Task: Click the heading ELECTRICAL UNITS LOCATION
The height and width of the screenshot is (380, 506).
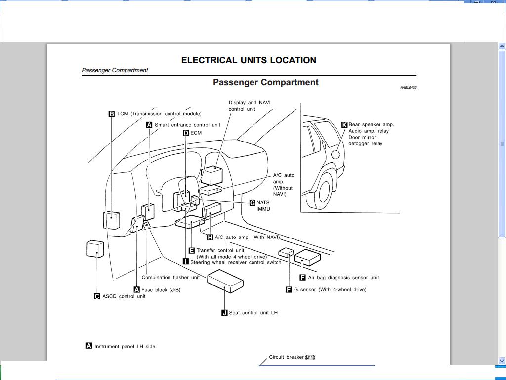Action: [x=249, y=60]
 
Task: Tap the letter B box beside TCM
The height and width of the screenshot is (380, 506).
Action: [x=112, y=114]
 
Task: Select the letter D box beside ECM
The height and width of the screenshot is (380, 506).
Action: [x=186, y=133]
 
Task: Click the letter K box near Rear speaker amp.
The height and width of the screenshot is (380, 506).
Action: [x=344, y=125]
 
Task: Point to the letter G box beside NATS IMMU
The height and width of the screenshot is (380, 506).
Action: [x=253, y=203]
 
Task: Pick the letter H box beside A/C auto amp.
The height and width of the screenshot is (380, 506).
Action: [x=210, y=237]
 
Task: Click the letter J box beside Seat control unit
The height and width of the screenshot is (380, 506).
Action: [x=224, y=313]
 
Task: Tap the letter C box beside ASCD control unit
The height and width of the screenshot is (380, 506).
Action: [x=97, y=296]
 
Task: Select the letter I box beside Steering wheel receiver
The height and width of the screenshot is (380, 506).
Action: [x=186, y=262]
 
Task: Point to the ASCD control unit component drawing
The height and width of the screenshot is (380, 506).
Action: [x=95, y=249]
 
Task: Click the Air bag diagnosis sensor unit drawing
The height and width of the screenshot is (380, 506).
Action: [x=307, y=257]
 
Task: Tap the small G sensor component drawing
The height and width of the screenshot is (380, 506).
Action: [x=286, y=253]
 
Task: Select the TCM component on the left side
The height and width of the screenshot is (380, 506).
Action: [x=111, y=220]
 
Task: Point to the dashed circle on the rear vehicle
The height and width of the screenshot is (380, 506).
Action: [x=336, y=154]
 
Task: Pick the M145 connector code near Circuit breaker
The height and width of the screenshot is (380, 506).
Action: [x=310, y=357]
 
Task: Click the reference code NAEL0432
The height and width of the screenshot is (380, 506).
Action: [x=408, y=88]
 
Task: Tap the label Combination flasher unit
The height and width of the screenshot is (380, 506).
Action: [x=170, y=278]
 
